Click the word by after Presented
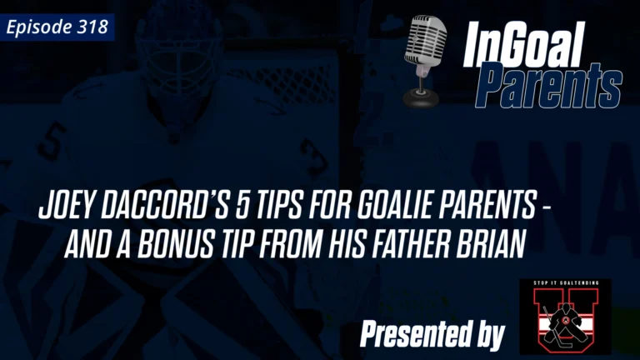tap(488, 335)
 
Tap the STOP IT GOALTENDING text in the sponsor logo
tap(563, 286)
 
